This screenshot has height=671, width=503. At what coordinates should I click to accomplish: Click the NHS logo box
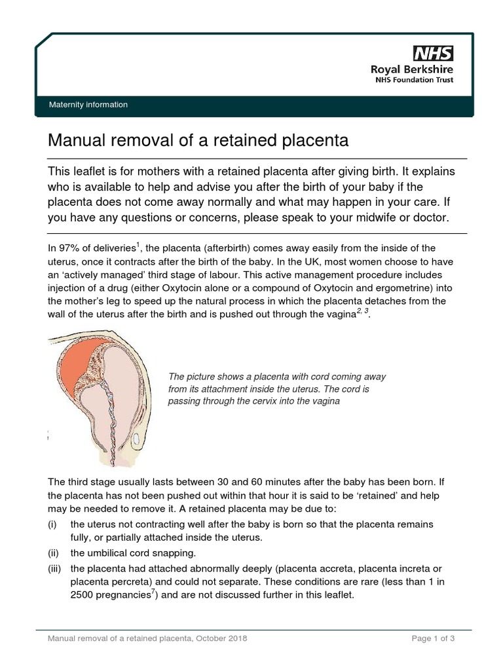tap(432, 53)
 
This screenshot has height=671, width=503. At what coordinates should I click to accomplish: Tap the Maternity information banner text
tap(88, 105)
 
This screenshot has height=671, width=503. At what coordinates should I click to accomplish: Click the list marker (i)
tap(52, 525)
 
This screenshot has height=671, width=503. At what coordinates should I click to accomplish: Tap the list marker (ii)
tap(54, 552)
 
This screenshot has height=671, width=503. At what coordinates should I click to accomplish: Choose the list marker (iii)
tap(54, 569)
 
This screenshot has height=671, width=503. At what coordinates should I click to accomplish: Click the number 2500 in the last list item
tap(84, 596)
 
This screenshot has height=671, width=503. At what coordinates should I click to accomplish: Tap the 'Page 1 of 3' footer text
tap(433, 638)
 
